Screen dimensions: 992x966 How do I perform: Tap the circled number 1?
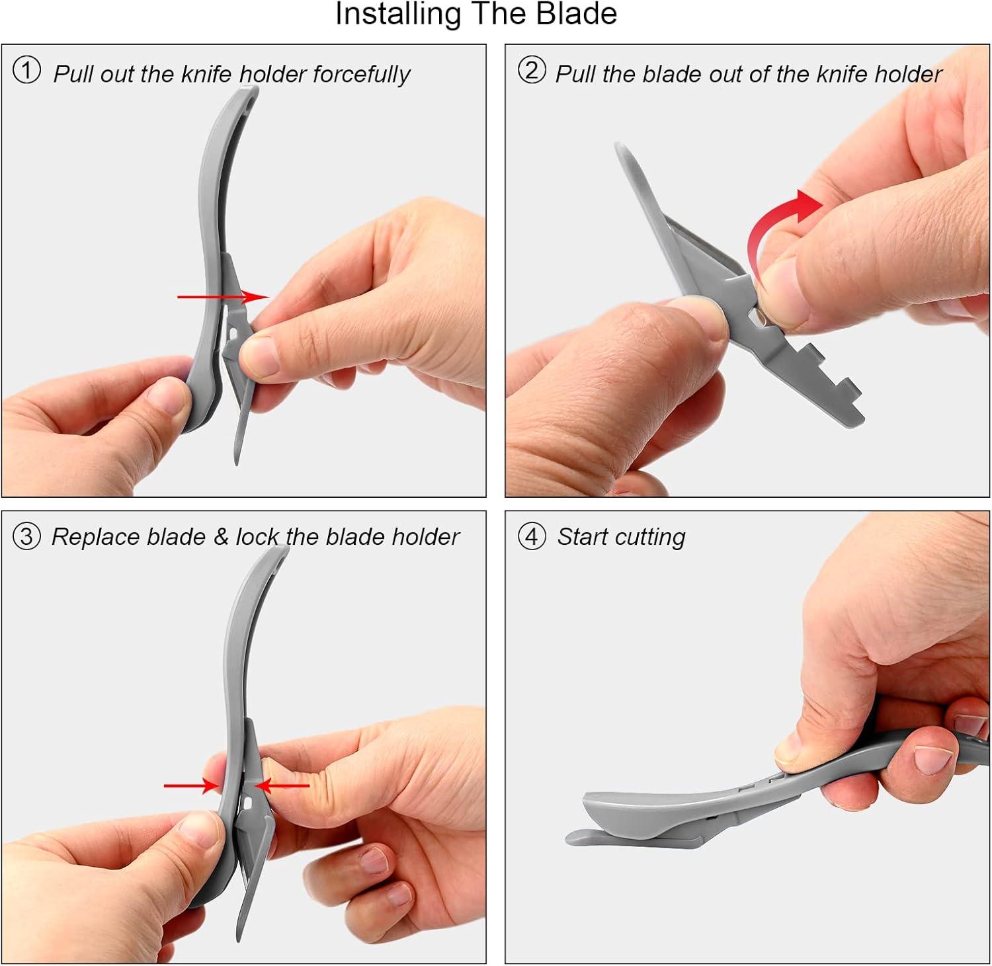[26, 71]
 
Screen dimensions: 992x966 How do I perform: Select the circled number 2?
[532, 71]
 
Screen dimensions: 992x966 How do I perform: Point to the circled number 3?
[26, 536]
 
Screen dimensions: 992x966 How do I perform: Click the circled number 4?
[532, 536]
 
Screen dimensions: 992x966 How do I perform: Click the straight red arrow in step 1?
[224, 297]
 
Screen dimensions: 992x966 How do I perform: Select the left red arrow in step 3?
[192, 785]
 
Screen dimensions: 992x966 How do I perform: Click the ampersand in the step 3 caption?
[221, 536]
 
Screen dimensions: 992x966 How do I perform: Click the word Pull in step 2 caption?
[576, 73]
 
